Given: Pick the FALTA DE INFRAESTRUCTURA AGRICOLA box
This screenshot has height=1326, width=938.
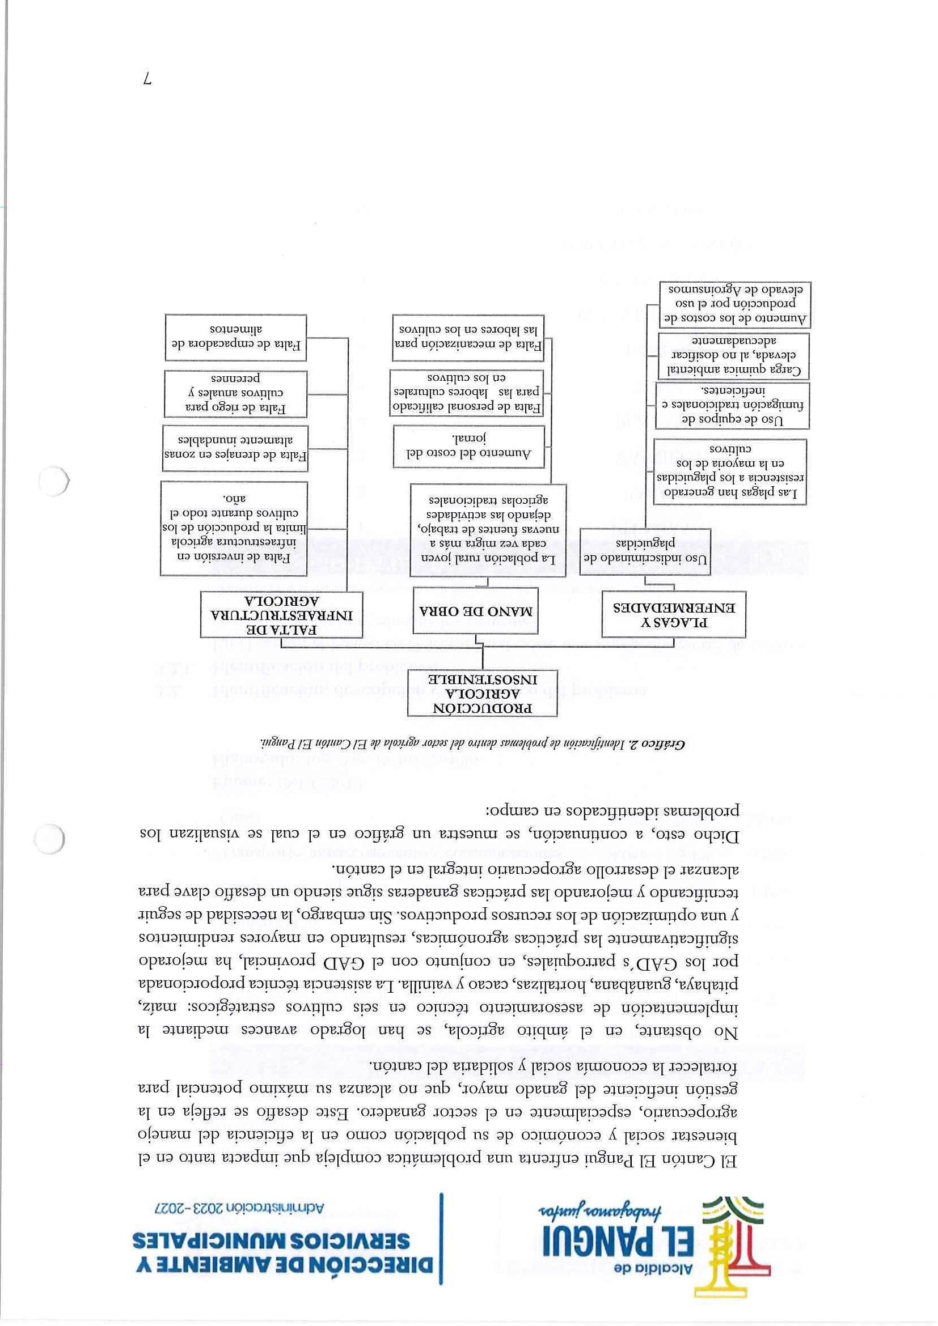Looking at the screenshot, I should click(x=281, y=614).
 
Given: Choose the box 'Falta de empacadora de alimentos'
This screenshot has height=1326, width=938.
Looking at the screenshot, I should click(x=235, y=338).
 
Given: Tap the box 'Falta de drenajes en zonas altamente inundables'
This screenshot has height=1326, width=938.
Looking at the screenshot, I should click(x=235, y=447).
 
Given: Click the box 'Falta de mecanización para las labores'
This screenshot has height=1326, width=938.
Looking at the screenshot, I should click(x=467, y=337).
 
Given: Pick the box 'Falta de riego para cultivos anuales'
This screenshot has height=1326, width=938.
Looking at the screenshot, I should click(x=235, y=393).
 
